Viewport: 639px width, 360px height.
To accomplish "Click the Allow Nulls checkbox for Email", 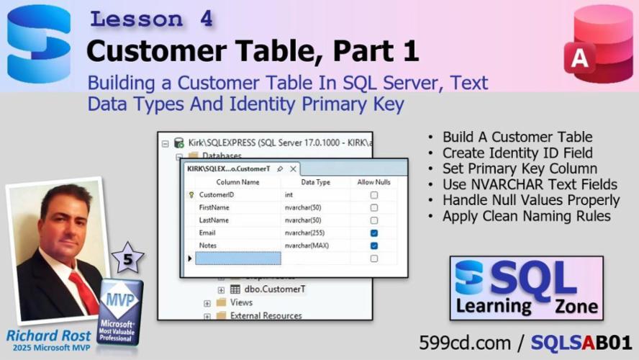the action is (373, 233).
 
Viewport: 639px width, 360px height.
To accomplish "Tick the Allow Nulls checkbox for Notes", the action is (373, 246).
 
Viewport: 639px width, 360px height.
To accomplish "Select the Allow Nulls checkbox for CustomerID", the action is (373, 195).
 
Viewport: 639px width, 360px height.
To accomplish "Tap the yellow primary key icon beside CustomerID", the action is (191, 195).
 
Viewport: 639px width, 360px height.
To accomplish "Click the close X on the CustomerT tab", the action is (293, 168).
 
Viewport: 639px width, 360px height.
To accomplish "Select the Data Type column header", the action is (316, 182).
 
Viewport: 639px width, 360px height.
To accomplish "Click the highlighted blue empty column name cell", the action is (238, 258).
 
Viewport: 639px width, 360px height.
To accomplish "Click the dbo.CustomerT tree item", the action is (275, 289).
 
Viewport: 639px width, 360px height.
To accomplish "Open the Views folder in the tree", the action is (241, 302).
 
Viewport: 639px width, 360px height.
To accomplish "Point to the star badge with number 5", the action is (127, 258).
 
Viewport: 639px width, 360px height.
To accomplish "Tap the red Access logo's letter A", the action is (579, 58).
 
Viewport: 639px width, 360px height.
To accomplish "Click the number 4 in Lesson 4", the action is (207, 19).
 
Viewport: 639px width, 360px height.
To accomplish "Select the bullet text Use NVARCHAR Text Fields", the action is (530, 184).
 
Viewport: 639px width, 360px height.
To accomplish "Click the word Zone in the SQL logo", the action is (576, 306).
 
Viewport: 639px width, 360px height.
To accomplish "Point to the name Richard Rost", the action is (48, 336).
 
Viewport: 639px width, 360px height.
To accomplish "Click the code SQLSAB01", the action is (581, 343).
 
